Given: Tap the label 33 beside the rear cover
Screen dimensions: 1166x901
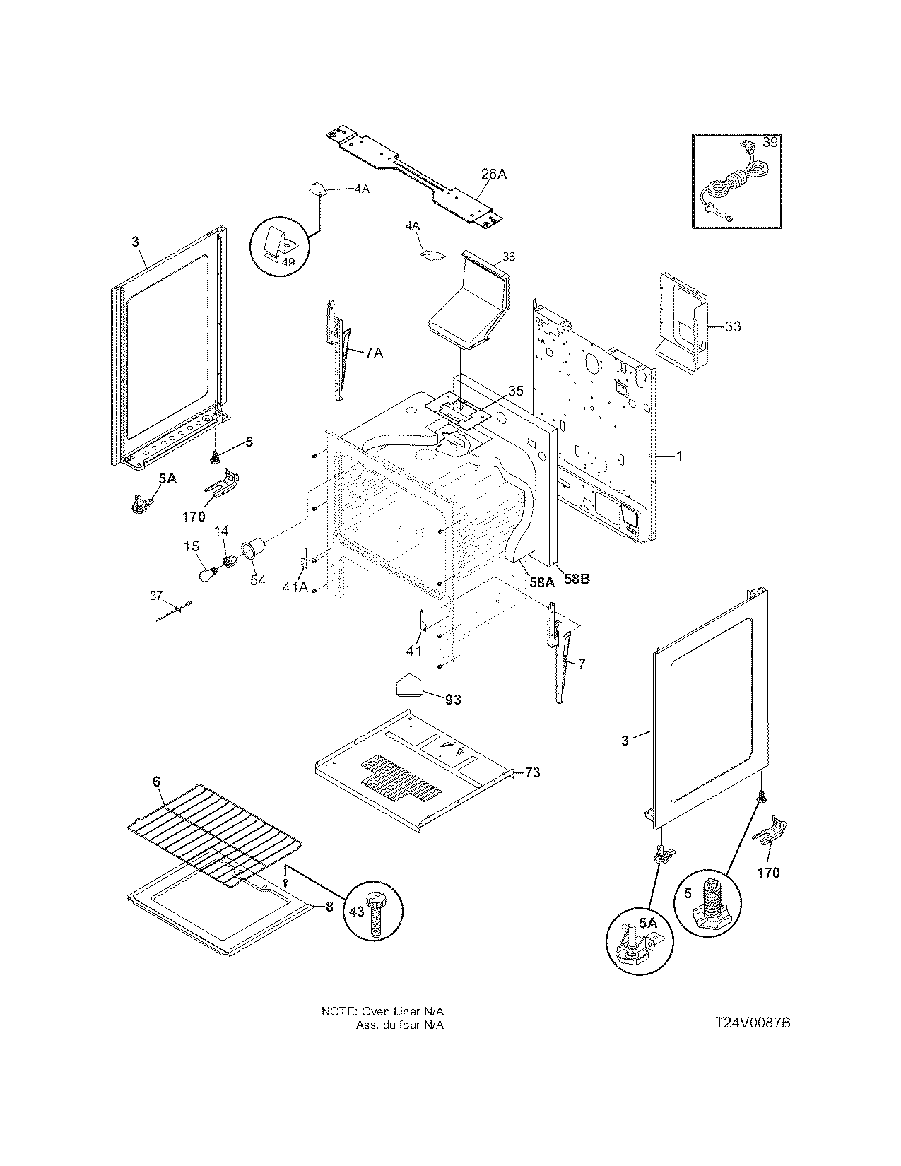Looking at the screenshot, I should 733,326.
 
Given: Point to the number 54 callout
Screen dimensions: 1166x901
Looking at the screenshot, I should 258,579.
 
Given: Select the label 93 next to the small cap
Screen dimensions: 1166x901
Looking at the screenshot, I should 453,699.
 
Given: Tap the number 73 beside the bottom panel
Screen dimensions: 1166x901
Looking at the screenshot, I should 532,772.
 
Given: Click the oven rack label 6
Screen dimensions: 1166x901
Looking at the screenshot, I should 157,782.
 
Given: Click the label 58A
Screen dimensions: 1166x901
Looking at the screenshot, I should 541,582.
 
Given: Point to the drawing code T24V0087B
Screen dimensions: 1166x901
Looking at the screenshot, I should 752,1023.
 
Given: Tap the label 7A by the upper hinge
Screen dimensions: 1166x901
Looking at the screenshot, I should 375,353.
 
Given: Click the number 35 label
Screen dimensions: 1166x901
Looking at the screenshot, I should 516,391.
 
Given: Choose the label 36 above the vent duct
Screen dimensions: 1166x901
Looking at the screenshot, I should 509,257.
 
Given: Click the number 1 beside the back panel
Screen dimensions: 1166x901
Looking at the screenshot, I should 679,457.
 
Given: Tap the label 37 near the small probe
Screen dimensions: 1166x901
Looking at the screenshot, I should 156,596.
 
